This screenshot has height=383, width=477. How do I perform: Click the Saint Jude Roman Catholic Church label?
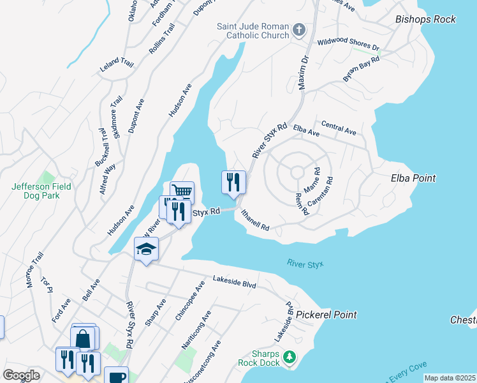[x=253, y=31]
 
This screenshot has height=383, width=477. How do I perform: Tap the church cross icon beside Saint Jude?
[x=298, y=29]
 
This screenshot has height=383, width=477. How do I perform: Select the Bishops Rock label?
[x=425, y=19]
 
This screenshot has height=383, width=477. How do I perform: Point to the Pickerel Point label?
[x=326, y=315]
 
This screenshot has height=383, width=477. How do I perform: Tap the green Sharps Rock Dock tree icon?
[x=290, y=357]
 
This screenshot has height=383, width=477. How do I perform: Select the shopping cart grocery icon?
[x=182, y=191]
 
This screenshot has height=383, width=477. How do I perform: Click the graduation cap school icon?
[x=146, y=248]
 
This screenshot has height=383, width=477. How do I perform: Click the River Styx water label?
[x=305, y=263]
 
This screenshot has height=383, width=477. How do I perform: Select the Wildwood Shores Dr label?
[x=348, y=45]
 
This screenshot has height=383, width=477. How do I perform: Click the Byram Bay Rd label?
[x=361, y=68]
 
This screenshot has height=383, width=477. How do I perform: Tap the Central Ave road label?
[x=339, y=128]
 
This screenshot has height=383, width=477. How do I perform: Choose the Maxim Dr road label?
[x=303, y=71]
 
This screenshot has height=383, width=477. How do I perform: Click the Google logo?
[x=21, y=375]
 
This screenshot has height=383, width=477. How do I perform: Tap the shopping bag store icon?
[x=83, y=338]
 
